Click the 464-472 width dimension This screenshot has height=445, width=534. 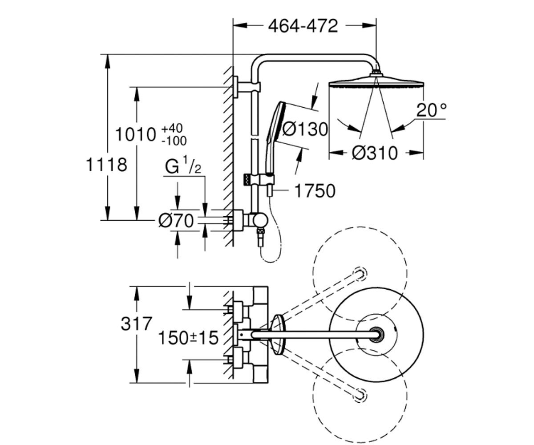303,26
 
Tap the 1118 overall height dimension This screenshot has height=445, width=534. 106,165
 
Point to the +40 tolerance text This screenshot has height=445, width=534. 172,129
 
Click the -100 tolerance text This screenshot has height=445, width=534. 174,141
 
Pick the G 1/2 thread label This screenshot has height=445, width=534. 183,166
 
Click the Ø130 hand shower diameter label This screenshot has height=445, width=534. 305,129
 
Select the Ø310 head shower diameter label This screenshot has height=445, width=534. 375,153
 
